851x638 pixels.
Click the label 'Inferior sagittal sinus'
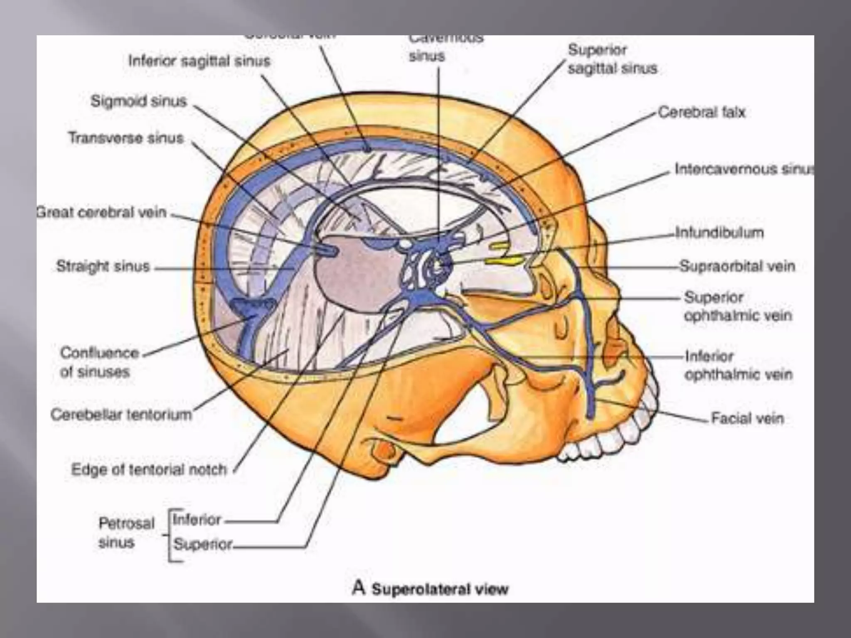199,61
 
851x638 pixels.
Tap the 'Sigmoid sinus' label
139,101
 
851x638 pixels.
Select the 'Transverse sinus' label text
126,137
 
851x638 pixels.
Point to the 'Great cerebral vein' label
102,212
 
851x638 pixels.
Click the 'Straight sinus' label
103,266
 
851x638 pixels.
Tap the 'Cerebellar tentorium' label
121,414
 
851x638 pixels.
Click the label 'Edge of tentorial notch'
149,469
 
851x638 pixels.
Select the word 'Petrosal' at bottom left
126,523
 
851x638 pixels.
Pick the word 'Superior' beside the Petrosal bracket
202,544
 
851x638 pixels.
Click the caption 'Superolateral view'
440,589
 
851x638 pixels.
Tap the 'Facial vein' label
747,418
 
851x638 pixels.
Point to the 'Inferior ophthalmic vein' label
738,365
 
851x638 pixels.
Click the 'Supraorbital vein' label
737,266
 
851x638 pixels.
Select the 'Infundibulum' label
719,232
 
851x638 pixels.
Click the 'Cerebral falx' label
702,112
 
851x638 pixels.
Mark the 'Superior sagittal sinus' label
612,59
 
